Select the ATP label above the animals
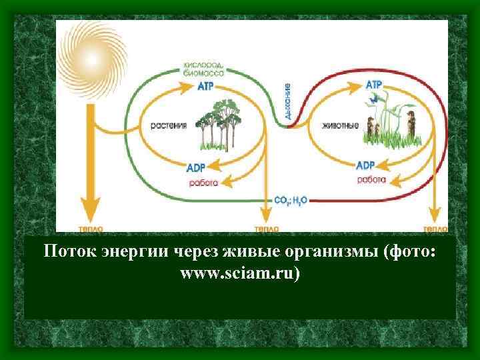(x=374, y=85)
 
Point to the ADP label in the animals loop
(x=365, y=165)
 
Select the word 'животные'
(x=340, y=125)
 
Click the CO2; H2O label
(x=291, y=199)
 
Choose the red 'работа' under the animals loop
(x=371, y=180)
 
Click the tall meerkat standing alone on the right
(x=413, y=128)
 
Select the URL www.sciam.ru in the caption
(x=240, y=273)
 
